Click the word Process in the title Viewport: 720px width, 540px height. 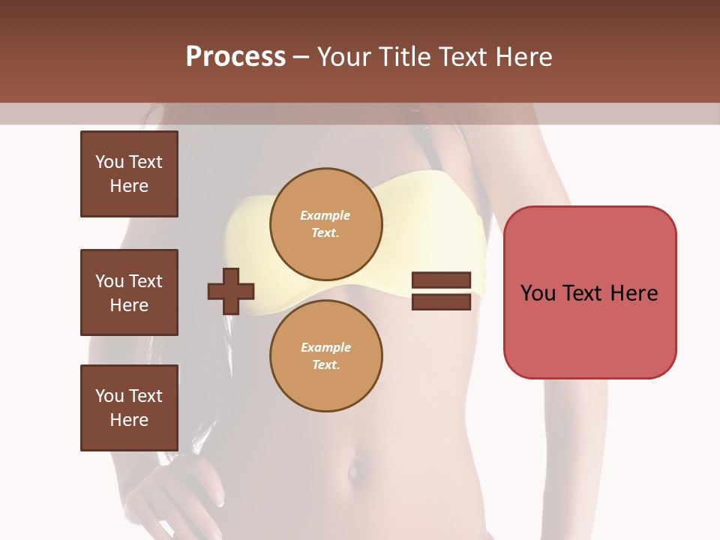click(235, 57)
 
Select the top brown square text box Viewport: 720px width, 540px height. click(129, 174)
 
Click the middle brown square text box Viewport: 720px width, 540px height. click(129, 292)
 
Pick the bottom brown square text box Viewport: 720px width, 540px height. click(129, 408)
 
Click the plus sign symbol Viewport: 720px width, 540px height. click(231, 291)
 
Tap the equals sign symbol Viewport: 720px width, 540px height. click(441, 291)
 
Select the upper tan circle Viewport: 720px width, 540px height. click(325, 224)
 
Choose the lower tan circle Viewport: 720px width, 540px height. click(325, 356)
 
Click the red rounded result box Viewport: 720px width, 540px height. click(589, 292)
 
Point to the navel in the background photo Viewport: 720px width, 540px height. click(352, 473)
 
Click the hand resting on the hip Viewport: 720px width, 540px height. click(180, 487)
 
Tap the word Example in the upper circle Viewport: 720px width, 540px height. click(325, 215)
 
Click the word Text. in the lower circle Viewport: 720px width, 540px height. click(325, 364)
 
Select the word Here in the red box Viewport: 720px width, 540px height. click(633, 293)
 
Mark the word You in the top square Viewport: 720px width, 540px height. click(109, 162)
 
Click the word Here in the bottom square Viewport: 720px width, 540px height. click(129, 420)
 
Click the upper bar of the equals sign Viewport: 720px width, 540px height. click(441, 280)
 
